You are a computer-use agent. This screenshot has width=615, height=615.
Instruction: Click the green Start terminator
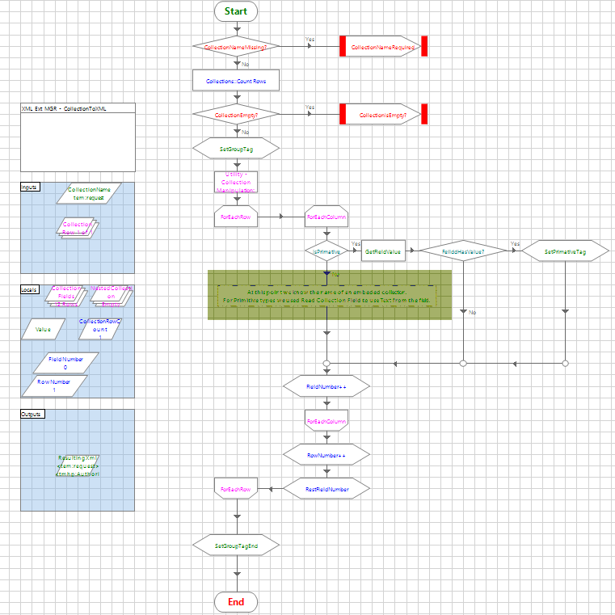point(236,11)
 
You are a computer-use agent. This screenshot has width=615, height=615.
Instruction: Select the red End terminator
point(236,602)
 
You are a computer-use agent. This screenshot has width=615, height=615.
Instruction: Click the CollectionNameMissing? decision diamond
point(236,48)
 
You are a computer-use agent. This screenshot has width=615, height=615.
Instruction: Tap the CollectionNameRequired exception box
point(384,48)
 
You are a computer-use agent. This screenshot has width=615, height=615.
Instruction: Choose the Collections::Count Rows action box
point(236,82)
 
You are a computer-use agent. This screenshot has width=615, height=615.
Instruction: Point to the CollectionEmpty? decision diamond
point(236,116)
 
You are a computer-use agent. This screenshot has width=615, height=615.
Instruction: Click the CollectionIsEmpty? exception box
point(384,116)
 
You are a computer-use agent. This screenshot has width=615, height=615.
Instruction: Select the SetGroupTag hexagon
point(236,150)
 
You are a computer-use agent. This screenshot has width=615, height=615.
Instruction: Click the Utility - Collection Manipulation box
point(236,183)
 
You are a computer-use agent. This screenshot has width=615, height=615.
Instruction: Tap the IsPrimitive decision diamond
point(326,251)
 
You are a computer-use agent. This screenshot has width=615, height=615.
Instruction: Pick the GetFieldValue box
point(384,251)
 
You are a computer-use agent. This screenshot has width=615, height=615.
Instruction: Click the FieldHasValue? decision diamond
point(463,251)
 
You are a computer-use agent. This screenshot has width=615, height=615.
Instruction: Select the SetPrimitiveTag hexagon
point(565,251)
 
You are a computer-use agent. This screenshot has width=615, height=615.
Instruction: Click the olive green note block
point(329,295)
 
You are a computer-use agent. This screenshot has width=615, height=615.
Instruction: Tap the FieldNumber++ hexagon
point(326,388)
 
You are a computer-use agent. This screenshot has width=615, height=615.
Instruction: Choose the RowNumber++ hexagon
point(326,456)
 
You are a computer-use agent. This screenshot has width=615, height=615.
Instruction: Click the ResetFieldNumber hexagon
point(326,489)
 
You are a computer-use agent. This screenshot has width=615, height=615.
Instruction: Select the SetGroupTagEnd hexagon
point(236,545)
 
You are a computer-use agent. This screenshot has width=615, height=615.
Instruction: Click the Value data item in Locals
point(44,329)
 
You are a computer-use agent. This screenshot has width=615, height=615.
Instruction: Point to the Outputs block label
point(32,414)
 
